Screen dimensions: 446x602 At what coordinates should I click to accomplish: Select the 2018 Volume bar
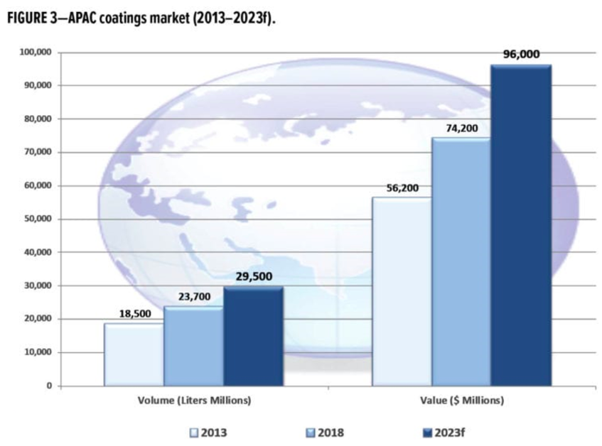pos(193,347)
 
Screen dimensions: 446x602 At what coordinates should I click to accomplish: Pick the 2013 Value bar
pos(402,292)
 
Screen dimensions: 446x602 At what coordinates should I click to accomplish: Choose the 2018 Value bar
pos(461,262)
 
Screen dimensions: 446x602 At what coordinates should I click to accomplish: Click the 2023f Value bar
pos(520,226)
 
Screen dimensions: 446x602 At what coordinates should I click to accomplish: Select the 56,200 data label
pos(402,187)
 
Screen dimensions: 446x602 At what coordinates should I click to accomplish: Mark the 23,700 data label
pos(193,296)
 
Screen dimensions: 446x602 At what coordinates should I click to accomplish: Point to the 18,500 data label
pos(134,313)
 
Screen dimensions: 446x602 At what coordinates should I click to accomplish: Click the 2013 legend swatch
pos(193,431)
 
